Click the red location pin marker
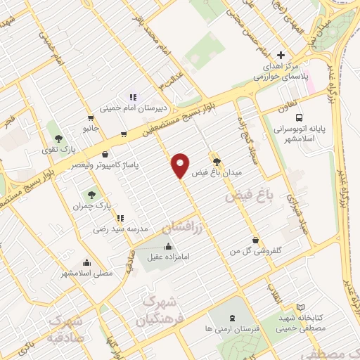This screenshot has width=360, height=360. tap(181, 165)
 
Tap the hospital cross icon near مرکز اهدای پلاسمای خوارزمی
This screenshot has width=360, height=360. tap(281, 55)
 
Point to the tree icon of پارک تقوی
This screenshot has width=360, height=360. tap(57, 139)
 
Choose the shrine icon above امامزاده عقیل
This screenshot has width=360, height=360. tap(168, 246)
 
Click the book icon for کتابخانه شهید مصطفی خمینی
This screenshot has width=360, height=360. tap(300, 308)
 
